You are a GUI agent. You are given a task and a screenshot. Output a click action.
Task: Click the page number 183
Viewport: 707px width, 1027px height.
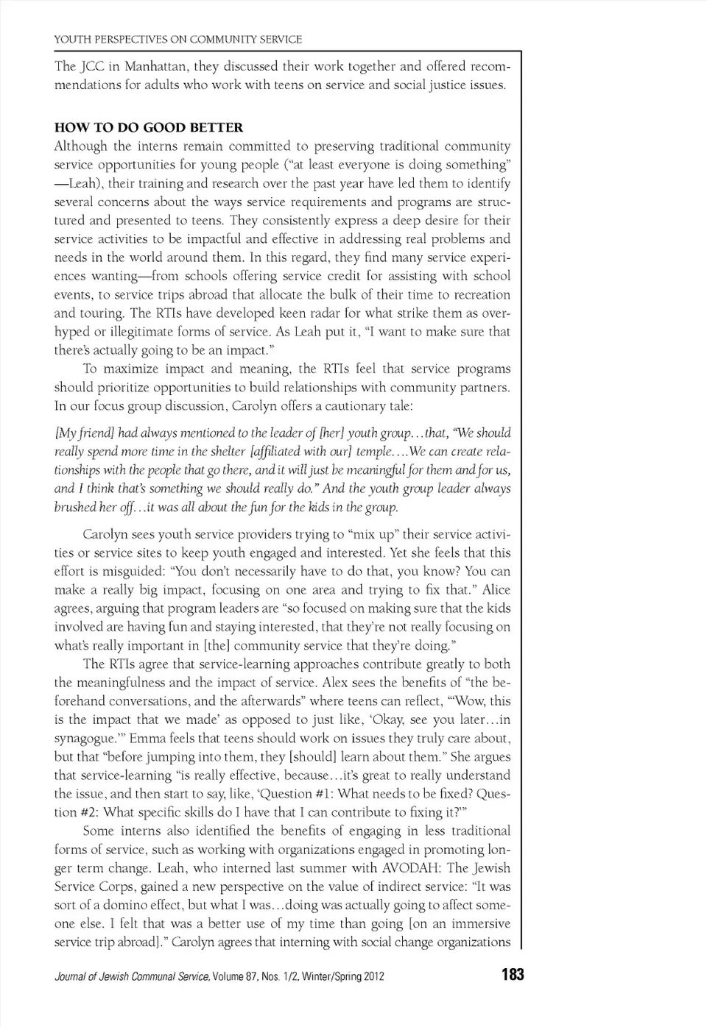(513, 975)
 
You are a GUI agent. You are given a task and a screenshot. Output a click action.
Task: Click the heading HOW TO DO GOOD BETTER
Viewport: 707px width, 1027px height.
(149, 127)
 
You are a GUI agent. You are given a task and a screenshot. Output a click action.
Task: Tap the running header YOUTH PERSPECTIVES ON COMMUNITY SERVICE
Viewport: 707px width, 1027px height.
(178, 39)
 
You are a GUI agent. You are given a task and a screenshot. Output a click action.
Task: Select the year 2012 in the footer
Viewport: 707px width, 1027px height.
(373, 977)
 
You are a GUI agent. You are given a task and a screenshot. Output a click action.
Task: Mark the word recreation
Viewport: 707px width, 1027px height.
(476, 295)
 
